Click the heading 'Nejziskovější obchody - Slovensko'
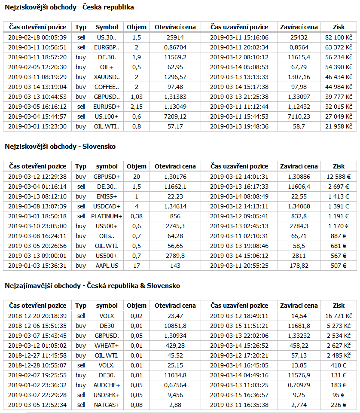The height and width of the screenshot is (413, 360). pos(60,147)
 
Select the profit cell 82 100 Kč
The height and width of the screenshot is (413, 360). pos(339,37)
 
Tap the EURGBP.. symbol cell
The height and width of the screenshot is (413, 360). pos(107,47)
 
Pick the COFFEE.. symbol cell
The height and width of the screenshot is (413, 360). pos(107,87)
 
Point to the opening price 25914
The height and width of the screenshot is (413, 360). pos(175,37)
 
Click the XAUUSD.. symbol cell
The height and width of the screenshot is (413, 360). pos(107,77)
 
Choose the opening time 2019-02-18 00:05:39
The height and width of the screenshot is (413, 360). pos(37,37)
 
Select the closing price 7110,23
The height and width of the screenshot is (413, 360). pos(299,116)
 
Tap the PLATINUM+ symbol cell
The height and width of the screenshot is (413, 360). pos(107,216)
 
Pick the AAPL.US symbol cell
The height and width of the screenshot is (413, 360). pos(107,266)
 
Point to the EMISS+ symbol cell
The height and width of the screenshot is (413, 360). pos(107,196)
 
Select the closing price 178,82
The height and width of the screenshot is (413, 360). pos(299,266)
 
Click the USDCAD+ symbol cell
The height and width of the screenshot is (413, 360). pos(107,206)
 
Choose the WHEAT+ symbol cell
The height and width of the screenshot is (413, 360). pos(107,346)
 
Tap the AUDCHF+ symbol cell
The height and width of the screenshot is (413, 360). pos(107,385)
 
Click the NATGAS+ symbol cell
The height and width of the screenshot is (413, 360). pos(107,405)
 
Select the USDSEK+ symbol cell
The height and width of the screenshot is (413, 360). pos(107,395)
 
